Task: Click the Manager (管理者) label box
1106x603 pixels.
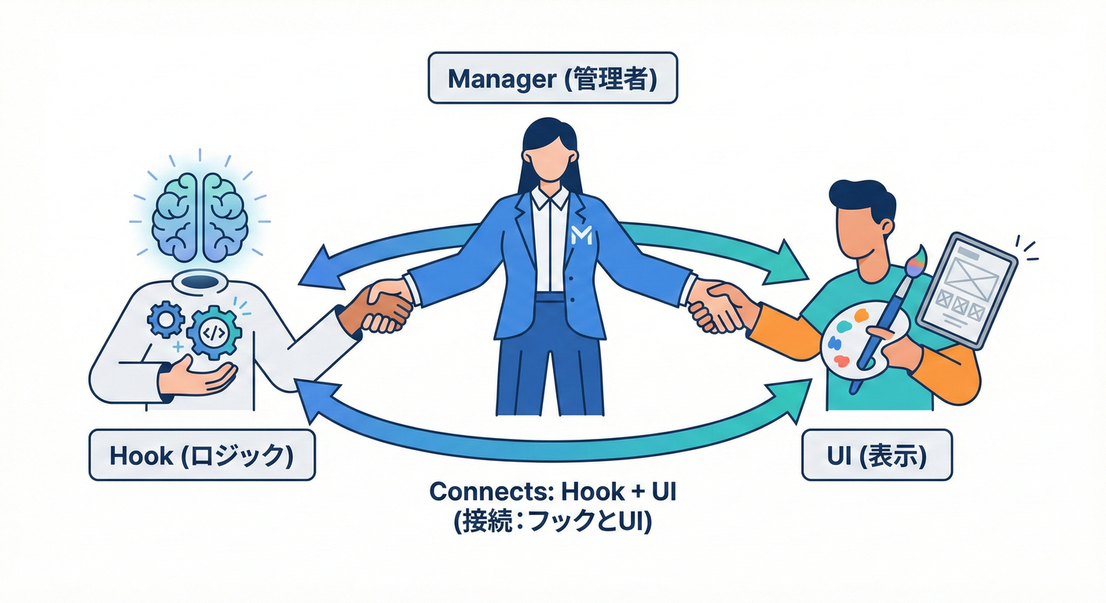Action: tap(552, 78)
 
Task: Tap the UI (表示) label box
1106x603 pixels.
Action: tap(877, 455)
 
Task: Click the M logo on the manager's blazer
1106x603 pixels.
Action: tap(582, 234)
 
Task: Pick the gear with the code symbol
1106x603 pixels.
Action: tap(214, 332)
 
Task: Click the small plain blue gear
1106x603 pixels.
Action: tap(167, 319)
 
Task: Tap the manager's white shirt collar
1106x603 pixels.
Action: tap(550, 196)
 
